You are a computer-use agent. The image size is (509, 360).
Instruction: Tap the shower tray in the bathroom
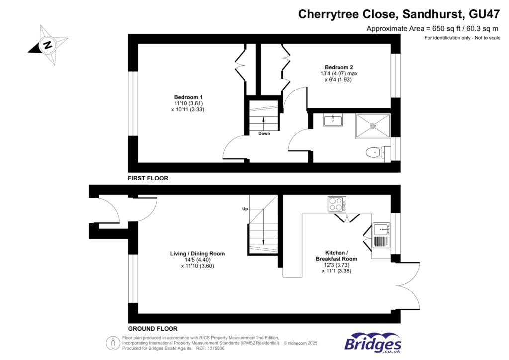pos(372,126)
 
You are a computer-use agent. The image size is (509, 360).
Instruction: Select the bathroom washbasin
pos(332,121)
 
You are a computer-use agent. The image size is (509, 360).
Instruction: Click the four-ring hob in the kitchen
pos(336,204)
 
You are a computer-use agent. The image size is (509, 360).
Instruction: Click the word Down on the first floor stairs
pos(264,133)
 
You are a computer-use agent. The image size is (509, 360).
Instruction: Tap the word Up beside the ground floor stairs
pos(245,209)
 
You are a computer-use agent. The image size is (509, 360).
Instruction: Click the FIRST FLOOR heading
pos(148,178)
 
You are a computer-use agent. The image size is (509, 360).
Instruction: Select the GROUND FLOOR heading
pos(153,329)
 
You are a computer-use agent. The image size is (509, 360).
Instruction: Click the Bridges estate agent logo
pos(373,344)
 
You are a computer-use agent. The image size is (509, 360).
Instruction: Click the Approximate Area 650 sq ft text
pos(433,29)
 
